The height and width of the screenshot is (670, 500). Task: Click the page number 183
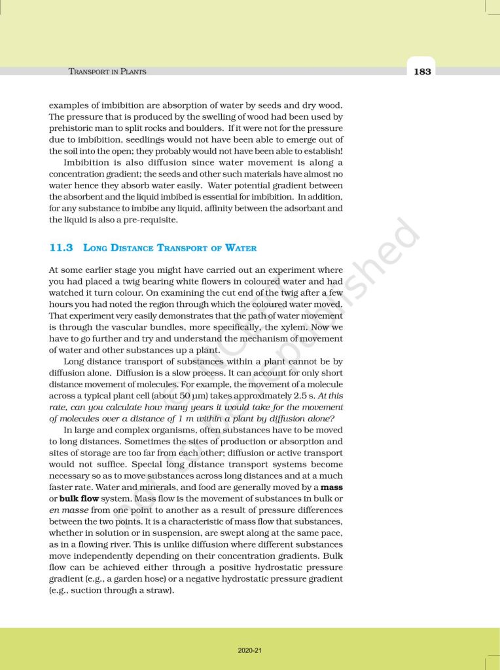(422, 71)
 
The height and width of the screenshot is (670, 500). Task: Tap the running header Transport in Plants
(107, 71)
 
